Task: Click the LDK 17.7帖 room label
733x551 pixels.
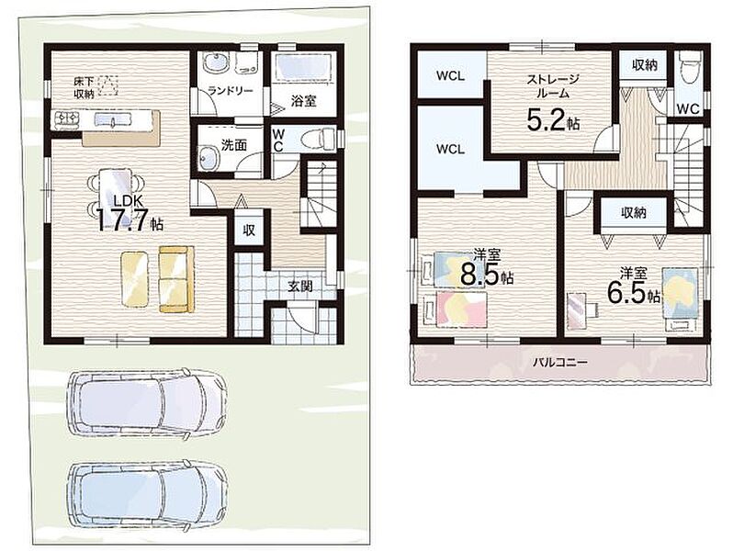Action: [130, 214]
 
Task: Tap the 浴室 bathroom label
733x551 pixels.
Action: [303, 100]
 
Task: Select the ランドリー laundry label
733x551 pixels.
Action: [231, 91]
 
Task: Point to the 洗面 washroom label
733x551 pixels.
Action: [233, 145]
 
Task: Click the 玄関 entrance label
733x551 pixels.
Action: [299, 286]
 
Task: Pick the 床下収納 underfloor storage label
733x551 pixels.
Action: [85, 87]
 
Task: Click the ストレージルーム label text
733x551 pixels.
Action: [553, 85]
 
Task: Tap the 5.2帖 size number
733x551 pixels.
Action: [554, 120]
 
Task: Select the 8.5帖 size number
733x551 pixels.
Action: [487, 275]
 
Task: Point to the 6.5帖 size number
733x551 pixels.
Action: [634, 294]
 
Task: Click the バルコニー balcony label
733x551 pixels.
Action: [559, 362]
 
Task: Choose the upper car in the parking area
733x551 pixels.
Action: [147, 403]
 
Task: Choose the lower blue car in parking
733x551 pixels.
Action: [148, 497]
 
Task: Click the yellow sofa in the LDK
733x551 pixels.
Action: [176, 279]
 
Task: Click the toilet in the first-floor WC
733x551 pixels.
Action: [317, 140]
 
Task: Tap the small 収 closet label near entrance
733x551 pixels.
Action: [249, 230]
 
